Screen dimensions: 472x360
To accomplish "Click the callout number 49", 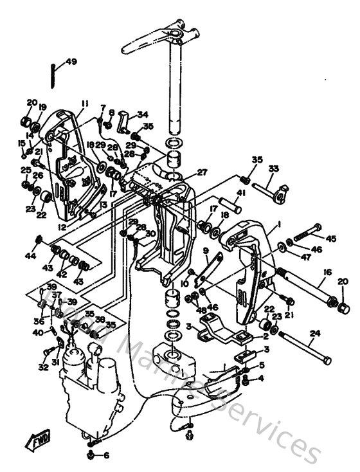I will [x=71, y=62].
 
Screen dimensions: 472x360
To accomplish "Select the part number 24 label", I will [x=314, y=333].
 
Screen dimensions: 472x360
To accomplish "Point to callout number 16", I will [x=327, y=273].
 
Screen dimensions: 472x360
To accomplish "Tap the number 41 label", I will [x=241, y=192].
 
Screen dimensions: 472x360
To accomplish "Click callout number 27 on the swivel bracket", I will [x=202, y=172].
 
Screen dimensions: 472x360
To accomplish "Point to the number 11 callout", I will [x=84, y=104].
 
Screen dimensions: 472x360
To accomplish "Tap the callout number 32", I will [x=44, y=368].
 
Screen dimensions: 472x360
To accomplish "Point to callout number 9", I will [x=206, y=250].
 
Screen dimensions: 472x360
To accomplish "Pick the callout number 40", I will [x=39, y=332].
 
